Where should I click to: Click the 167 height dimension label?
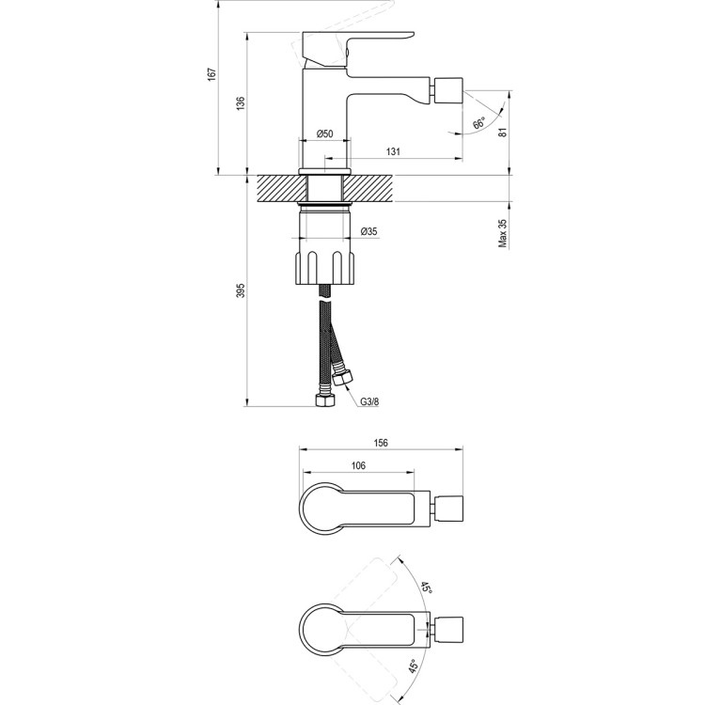(213, 74)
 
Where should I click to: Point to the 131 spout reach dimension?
(395, 152)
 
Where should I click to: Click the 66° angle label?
(478, 123)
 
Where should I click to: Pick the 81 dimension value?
(504, 133)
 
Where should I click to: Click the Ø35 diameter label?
(369, 231)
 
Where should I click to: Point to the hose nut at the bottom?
(325, 401)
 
